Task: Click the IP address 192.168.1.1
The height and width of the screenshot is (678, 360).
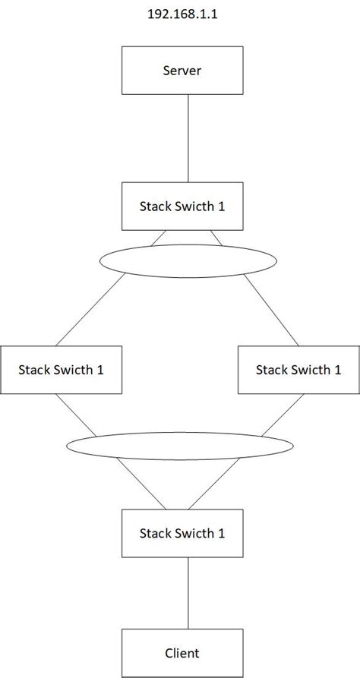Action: tap(181, 14)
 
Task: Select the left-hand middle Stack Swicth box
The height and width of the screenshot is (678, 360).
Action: tap(61, 370)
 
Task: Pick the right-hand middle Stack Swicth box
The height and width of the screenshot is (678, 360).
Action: tap(298, 370)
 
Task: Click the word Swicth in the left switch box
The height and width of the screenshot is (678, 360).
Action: tap(73, 370)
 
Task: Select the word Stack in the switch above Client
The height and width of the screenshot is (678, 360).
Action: tap(155, 533)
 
